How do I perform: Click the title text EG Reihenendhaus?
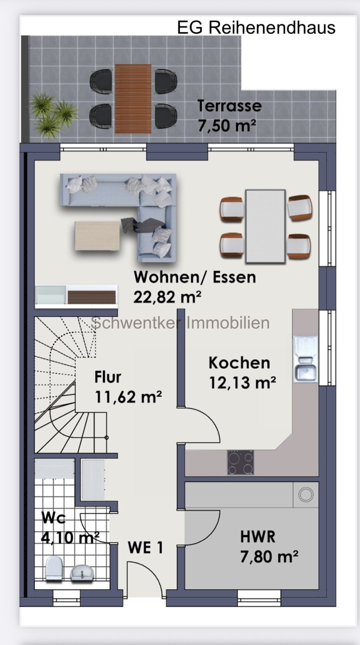256,28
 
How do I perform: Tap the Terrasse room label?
229,106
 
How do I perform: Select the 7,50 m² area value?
227,126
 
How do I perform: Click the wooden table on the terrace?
133,99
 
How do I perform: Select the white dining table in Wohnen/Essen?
265,226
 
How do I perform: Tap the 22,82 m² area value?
167,297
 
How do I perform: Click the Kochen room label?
239,363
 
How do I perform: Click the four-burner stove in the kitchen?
240,462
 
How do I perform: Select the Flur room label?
108,377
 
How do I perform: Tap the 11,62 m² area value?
128,397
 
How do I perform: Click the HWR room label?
257,537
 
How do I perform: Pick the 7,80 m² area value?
269,557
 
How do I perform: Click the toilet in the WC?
54,568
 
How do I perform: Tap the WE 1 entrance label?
145,548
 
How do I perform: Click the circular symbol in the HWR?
306,495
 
